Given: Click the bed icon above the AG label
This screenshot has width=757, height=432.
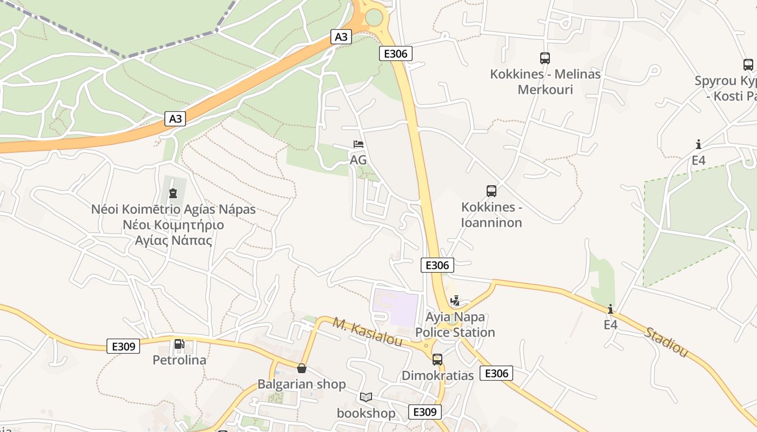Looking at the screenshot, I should pyautogui.click(x=358, y=144).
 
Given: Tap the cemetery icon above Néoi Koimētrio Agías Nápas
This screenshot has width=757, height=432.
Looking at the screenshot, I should pyautogui.click(x=173, y=193).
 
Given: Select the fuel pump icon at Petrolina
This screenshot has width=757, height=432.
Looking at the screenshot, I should pyautogui.click(x=179, y=344).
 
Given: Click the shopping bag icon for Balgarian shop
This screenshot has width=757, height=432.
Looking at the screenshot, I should pyautogui.click(x=302, y=368).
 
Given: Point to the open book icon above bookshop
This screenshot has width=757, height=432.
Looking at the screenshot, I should pyautogui.click(x=366, y=397).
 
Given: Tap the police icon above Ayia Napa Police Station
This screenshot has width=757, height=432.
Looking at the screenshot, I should pyautogui.click(x=455, y=301).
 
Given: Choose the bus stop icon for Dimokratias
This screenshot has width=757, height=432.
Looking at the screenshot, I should pyautogui.click(x=437, y=359).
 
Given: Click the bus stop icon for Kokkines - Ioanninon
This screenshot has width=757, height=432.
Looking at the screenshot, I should pyautogui.click(x=491, y=191).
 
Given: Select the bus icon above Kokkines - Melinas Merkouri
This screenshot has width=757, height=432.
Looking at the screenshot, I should pyautogui.click(x=544, y=58).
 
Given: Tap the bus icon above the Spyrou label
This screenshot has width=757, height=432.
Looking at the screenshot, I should pyautogui.click(x=748, y=65).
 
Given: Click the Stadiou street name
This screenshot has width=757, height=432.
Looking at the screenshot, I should pyautogui.click(x=666, y=341).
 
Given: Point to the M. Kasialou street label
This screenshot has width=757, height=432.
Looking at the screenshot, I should pyautogui.click(x=367, y=333).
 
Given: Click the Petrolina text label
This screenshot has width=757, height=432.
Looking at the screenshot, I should pyautogui.click(x=180, y=360).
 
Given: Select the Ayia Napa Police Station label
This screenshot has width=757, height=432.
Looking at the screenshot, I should pyautogui.click(x=455, y=325).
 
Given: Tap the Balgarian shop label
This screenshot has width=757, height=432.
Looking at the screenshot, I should pyautogui.click(x=301, y=384).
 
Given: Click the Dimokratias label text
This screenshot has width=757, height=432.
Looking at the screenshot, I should pyautogui.click(x=437, y=375).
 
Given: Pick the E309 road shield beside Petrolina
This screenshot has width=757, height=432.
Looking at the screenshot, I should pyautogui.click(x=123, y=346).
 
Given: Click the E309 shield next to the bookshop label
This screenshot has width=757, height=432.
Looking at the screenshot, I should pyautogui.click(x=424, y=412).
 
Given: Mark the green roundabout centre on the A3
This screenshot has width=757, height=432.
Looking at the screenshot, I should pyautogui.click(x=374, y=17).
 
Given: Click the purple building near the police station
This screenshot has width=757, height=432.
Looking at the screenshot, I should pyautogui.click(x=396, y=308).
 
